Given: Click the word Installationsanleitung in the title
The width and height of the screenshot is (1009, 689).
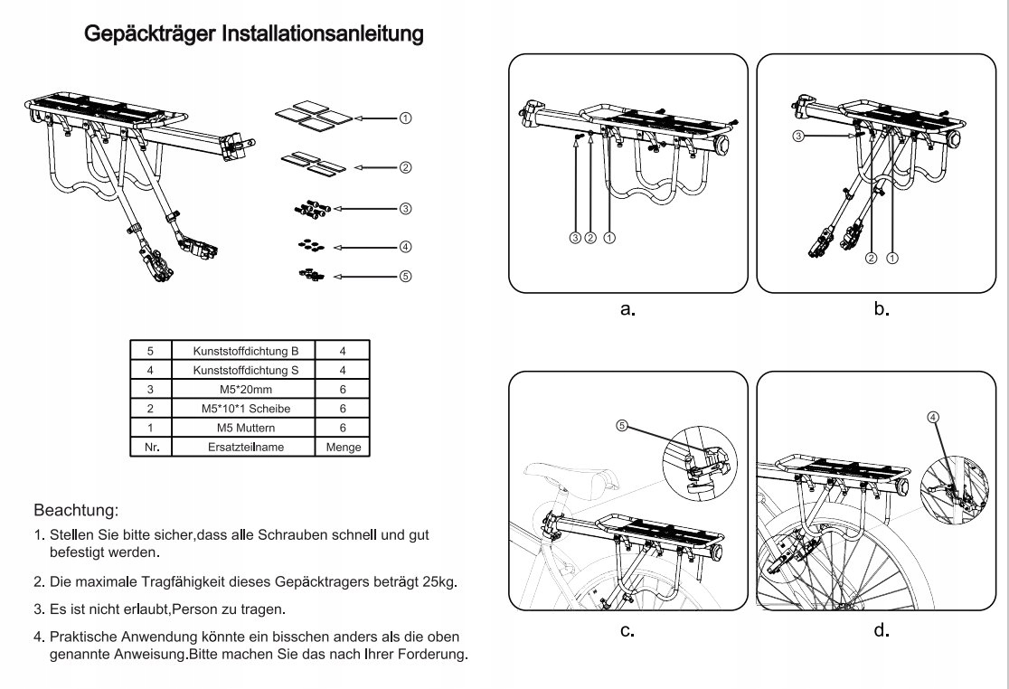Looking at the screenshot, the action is click(323, 33).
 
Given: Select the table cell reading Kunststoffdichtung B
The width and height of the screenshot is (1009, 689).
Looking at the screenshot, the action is click(244, 351).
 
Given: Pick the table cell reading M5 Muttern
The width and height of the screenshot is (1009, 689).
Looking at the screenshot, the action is click(244, 428).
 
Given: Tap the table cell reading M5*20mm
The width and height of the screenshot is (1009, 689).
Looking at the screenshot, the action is click(244, 389).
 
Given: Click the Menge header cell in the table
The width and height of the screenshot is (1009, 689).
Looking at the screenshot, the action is click(343, 447).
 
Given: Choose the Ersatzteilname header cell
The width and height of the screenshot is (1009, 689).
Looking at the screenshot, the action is click(244, 447).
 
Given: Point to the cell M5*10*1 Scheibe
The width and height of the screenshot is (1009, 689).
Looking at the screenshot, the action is click(244, 409).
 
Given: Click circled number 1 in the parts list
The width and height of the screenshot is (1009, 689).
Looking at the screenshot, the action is click(405, 118).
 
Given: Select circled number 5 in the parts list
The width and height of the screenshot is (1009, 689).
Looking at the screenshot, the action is click(405, 276).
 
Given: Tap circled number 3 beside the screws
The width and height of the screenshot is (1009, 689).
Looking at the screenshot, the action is click(405, 209).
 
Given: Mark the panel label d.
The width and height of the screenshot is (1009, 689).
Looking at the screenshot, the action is click(882, 630).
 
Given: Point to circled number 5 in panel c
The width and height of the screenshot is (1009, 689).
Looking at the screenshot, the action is click(622, 425).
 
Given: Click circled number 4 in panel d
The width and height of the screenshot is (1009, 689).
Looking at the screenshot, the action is click(933, 417).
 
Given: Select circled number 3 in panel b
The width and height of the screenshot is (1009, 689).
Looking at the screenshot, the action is click(798, 137).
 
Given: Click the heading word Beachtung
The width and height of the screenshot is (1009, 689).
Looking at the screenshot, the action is click(76, 511).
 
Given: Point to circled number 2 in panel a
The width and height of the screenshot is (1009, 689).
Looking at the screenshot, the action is click(590, 238).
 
